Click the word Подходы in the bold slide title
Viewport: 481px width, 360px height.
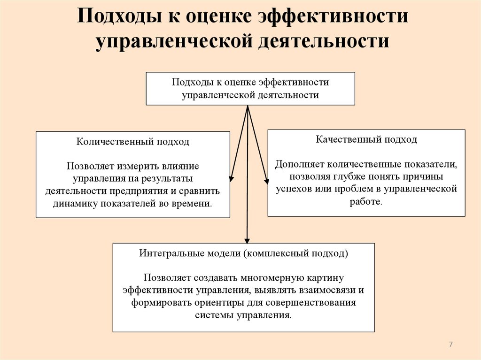point(119,18)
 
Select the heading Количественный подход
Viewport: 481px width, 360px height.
point(133,142)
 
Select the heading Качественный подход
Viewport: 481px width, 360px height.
point(366,139)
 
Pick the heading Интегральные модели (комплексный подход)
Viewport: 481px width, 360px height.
point(244,253)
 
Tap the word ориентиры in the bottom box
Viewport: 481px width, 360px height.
point(207,302)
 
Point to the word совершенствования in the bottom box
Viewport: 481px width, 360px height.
point(316,302)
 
